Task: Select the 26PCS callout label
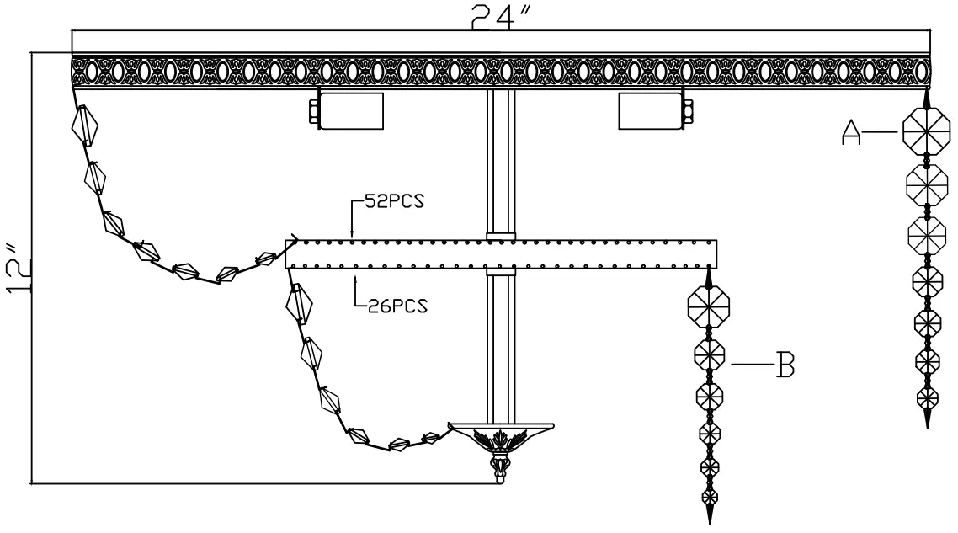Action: click(397, 306)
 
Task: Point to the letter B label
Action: click(784, 365)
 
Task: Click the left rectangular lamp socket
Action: click(352, 111)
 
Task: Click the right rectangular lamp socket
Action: click(649, 111)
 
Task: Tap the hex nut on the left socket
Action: click(314, 111)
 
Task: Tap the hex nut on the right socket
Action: click(688, 111)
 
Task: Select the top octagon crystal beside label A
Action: click(927, 131)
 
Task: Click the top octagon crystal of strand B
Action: click(708, 308)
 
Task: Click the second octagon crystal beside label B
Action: click(710, 355)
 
